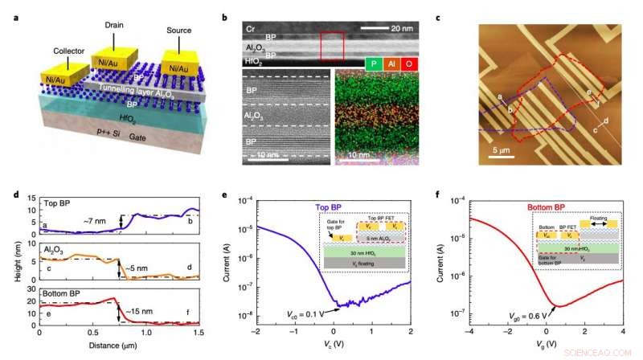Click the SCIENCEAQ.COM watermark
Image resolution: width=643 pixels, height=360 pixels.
coord(604,353)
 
